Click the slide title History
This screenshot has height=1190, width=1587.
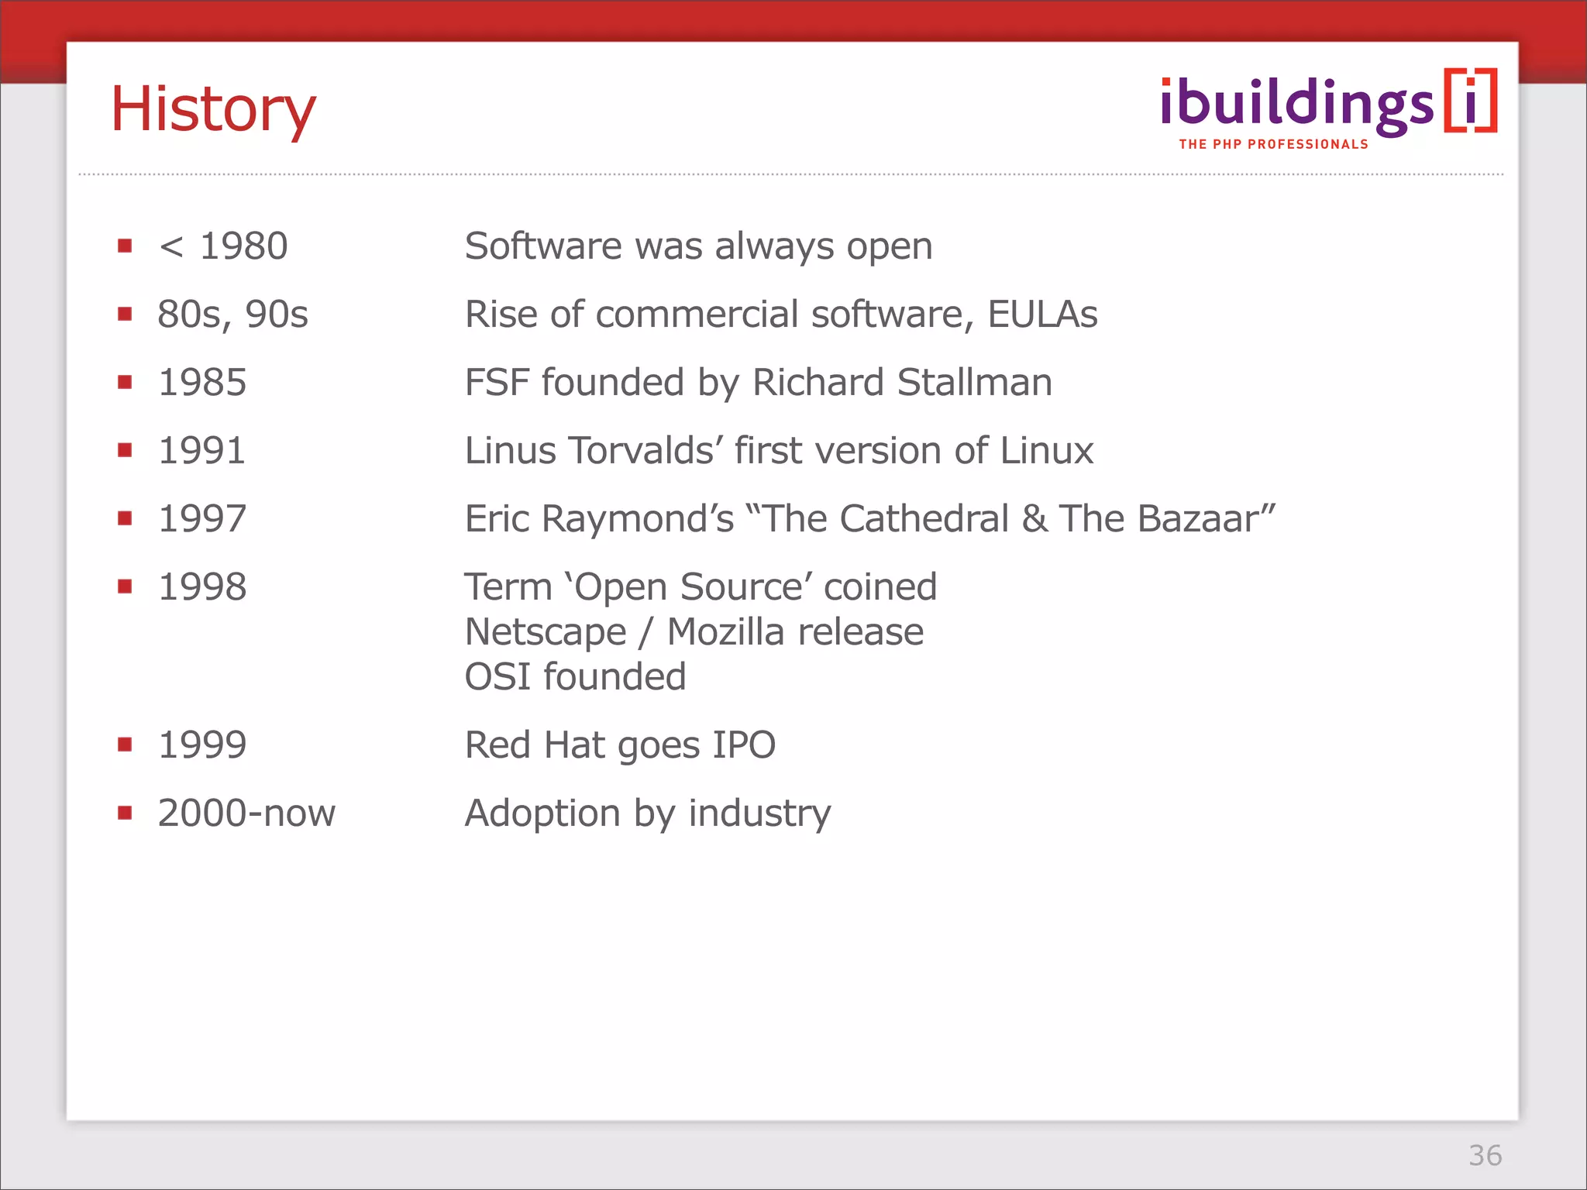(213, 109)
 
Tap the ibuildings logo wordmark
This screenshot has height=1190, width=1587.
(1296, 105)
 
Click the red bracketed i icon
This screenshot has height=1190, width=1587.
(1470, 101)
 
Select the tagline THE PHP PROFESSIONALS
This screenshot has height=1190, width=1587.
(1273, 144)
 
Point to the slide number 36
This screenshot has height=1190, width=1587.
(1485, 1155)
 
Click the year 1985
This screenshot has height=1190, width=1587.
(202, 383)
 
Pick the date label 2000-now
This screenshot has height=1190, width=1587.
(246, 813)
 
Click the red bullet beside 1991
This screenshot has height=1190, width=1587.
(125, 450)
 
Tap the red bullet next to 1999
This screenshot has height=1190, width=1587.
(125, 745)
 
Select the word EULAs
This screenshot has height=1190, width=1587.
(1042, 315)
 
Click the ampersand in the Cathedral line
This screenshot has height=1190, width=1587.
(1035, 519)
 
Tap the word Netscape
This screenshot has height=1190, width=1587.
(545, 633)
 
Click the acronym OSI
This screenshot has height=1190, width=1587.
(497, 677)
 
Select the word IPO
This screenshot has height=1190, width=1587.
(743, 745)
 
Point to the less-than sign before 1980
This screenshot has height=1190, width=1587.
(171, 247)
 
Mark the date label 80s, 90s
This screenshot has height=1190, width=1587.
(232, 315)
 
